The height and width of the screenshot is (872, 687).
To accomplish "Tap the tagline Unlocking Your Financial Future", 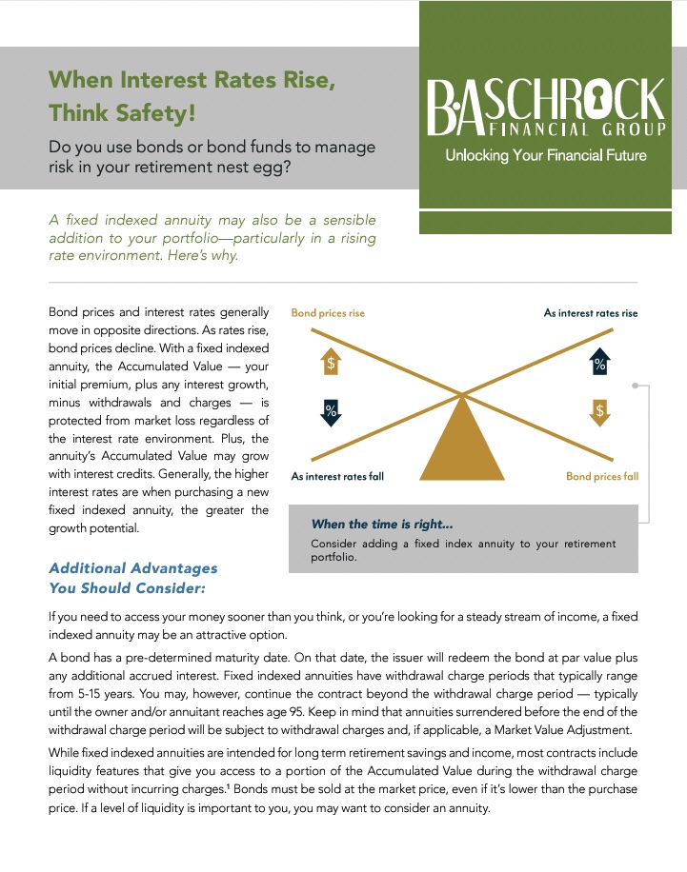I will coord(546,155).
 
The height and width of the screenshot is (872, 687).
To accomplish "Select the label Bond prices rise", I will coord(328,313).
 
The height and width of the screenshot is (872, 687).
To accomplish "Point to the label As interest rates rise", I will coord(591,313).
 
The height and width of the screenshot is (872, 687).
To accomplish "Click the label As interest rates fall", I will coord(337,476).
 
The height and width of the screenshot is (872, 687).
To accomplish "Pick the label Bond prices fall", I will coord(602,476).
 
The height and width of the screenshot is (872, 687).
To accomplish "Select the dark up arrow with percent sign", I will coord(599,362).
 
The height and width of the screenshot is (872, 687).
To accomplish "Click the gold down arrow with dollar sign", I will coord(599,411).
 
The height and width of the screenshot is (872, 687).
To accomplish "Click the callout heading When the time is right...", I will coord(382,525).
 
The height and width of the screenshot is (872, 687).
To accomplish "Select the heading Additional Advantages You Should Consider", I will coord(133,578).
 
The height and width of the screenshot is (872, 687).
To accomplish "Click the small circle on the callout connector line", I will coord(636,387).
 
